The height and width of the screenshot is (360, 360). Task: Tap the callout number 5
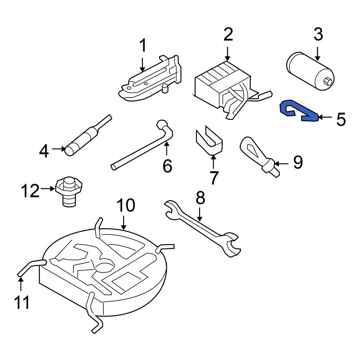pyautogui.click(x=341, y=119)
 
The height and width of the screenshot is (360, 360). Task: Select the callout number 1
pyautogui.click(x=143, y=46)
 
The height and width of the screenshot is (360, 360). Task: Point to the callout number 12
pyautogui.click(x=30, y=191)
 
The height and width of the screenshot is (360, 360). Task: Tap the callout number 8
pyautogui.click(x=200, y=198)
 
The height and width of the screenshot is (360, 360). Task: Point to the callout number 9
pyautogui.click(x=298, y=163)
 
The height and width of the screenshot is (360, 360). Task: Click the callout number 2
pyautogui.click(x=228, y=35)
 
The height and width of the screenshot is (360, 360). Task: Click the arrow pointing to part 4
pyautogui.click(x=58, y=148)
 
